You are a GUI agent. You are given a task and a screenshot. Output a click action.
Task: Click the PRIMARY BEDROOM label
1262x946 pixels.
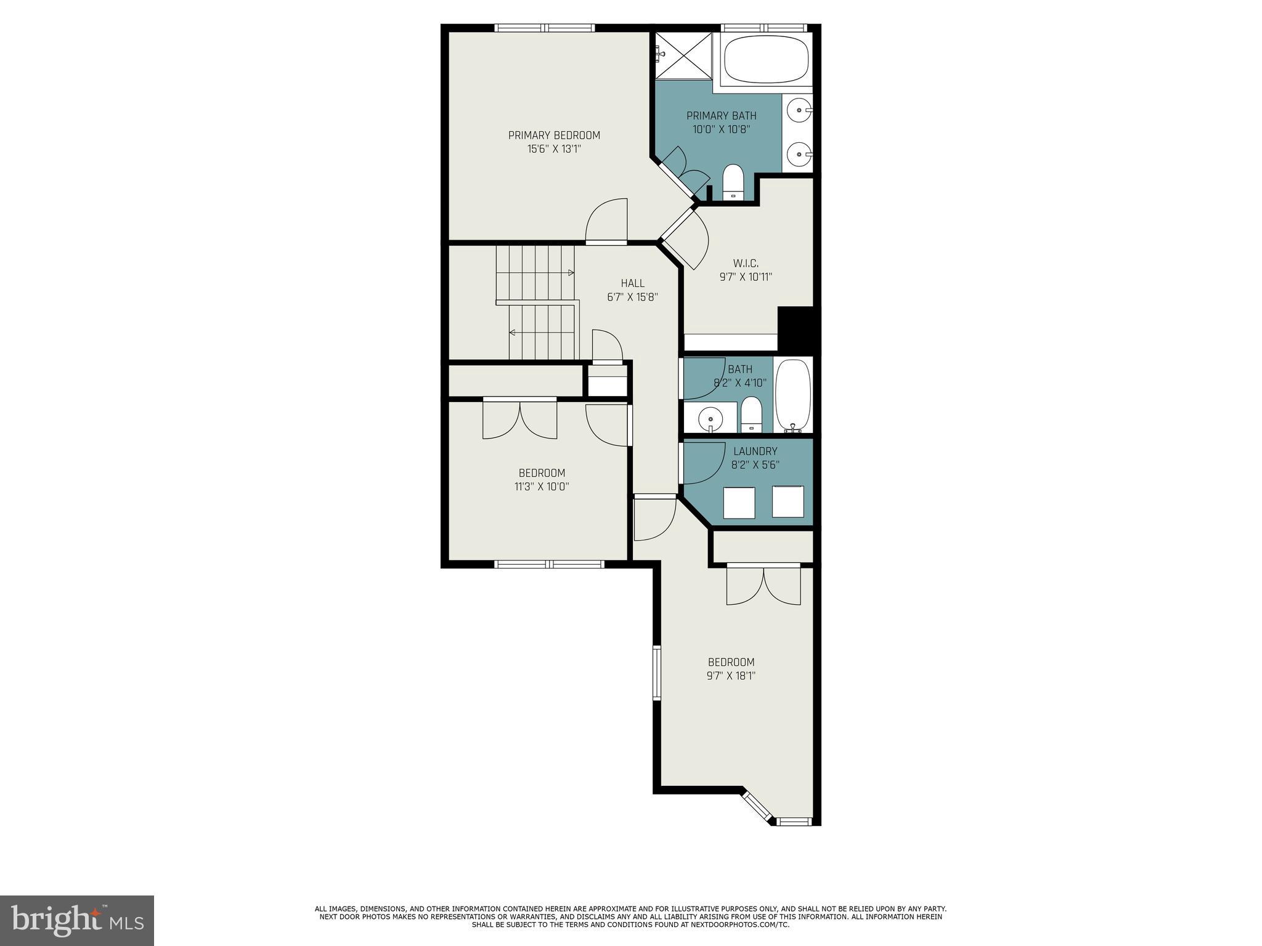click(x=553, y=135)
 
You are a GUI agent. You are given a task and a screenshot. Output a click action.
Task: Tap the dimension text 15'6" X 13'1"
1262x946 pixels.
click(x=553, y=149)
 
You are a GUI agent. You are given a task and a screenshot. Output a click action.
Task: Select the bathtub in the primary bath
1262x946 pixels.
click(x=765, y=59)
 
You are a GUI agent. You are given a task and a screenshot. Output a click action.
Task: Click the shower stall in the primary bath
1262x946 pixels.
click(x=683, y=55)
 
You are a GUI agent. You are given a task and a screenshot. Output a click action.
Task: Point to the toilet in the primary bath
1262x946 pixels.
click(x=733, y=182)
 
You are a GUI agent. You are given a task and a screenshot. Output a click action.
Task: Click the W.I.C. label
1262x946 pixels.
click(x=746, y=264)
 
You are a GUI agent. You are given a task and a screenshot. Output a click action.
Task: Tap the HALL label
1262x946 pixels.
click(x=632, y=283)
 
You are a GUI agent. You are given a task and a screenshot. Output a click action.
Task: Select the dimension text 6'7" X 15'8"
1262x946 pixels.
click(x=632, y=297)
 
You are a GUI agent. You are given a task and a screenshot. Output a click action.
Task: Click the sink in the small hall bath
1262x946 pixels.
click(x=710, y=419)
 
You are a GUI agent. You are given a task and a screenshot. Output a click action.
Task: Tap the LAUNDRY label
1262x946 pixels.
click(x=755, y=451)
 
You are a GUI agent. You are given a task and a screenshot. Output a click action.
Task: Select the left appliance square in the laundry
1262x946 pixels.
click(x=739, y=503)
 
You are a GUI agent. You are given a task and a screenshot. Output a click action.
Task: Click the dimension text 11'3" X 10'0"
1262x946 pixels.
click(x=542, y=487)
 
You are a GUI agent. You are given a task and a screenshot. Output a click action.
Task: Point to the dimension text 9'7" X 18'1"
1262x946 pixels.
click(x=731, y=676)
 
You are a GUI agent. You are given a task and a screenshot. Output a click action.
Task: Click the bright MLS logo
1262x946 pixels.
click(x=77, y=921)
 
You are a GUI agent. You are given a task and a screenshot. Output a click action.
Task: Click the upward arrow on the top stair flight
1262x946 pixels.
click(x=571, y=272)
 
